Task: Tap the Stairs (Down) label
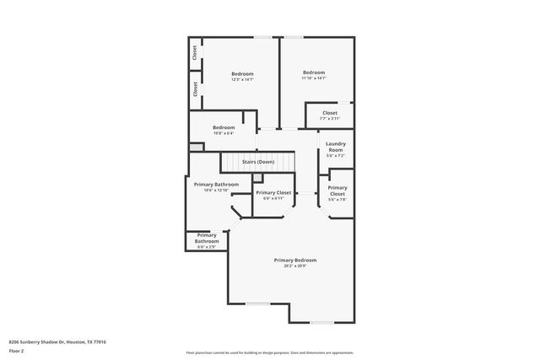click(257, 161)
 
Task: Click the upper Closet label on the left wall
click(195, 53)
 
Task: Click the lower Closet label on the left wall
click(195, 89)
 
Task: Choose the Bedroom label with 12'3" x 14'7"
click(242, 73)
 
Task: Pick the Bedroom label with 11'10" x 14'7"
click(314, 72)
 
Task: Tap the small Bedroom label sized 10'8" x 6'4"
click(224, 127)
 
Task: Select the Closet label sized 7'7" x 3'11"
click(329, 112)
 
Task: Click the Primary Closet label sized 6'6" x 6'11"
click(273, 193)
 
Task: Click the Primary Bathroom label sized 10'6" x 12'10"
click(216, 184)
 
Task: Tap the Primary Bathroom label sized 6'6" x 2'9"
click(207, 239)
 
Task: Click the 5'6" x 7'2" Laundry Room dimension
click(335, 156)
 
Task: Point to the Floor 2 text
click(17, 351)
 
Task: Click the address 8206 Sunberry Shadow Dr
click(57, 341)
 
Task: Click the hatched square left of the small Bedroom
click(196, 146)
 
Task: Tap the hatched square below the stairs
click(258, 178)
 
